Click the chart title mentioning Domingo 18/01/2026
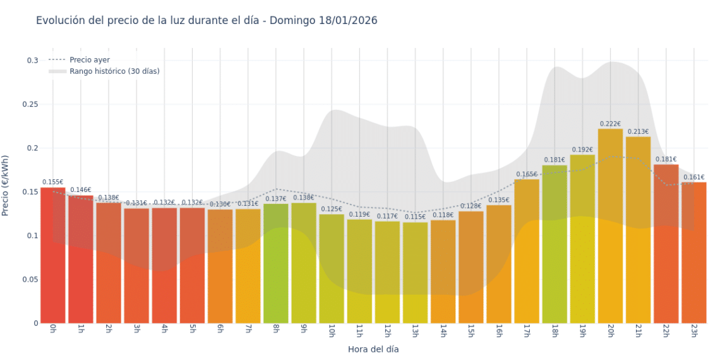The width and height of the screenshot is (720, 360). coord(207,21)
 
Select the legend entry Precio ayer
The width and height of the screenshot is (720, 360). coord(90,60)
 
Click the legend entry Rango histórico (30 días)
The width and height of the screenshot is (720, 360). coord(114,71)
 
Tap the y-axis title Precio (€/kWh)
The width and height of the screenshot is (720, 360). coord(6,186)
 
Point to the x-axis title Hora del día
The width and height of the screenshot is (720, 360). coord(373,349)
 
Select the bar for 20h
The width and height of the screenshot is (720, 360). coord(610,227)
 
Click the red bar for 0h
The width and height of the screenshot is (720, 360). coord(53,256)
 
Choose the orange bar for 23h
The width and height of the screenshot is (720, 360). coord(694,253)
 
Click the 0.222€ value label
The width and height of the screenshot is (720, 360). coord(610,124)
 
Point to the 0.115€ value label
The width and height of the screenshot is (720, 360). coord(415,217)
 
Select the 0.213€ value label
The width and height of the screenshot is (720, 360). coord(638,131)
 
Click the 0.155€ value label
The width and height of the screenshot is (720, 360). coord(53,183)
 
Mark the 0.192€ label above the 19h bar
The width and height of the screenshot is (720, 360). coord(582,150)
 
